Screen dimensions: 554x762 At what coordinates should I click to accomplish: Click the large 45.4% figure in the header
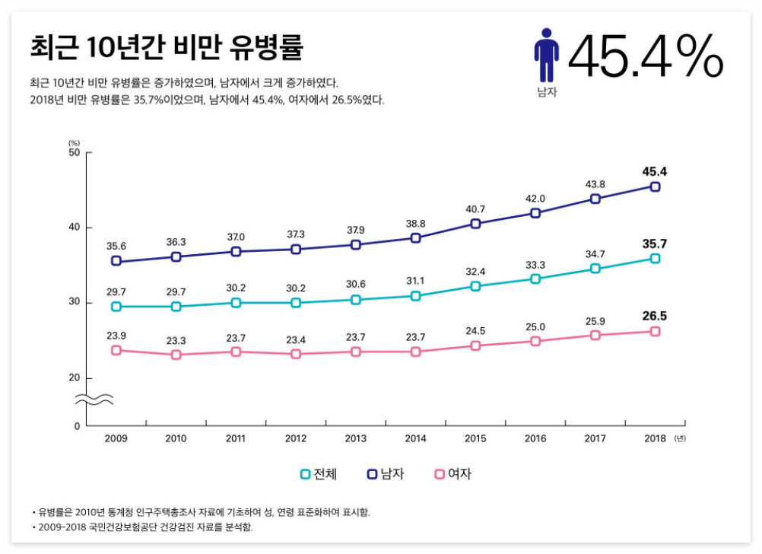(x=645, y=56)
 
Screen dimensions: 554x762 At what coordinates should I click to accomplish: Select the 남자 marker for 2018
(x=655, y=186)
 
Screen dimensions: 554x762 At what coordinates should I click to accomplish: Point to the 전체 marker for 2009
(x=116, y=307)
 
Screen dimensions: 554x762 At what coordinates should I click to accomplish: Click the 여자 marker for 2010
(x=176, y=355)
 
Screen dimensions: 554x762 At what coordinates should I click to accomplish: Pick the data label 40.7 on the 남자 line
(x=475, y=209)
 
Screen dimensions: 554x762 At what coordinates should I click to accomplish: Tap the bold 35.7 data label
(x=655, y=244)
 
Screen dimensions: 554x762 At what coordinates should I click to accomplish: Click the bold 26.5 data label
(x=655, y=316)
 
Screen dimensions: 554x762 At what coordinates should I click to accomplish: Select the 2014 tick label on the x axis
(x=415, y=438)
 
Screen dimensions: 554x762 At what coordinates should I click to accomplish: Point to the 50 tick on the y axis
(x=75, y=153)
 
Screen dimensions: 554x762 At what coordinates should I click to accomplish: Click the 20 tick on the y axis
(x=75, y=378)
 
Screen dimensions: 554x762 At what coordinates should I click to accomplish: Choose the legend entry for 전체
(x=319, y=474)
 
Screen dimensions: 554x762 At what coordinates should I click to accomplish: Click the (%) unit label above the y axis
(x=74, y=142)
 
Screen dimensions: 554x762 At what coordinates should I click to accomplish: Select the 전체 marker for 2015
(x=475, y=286)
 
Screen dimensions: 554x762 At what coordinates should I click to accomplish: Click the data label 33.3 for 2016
(x=535, y=265)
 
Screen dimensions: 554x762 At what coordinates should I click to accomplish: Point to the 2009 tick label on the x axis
(x=116, y=438)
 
